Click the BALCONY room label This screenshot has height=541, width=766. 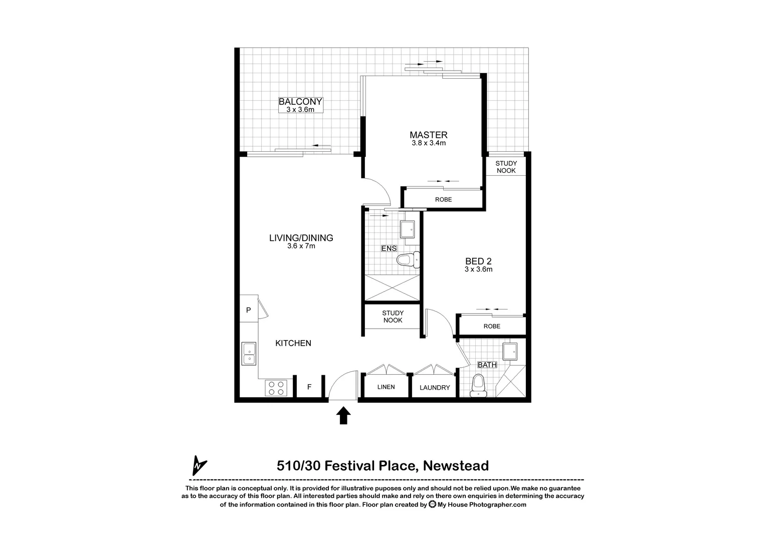click(300, 102)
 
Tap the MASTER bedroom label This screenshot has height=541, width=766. click(428, 135)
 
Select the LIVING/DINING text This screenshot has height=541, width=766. click(301, 238)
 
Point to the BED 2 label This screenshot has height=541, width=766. click(478, 261)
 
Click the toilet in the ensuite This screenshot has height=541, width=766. click(406, 260)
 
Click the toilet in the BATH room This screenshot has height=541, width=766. click(479, 386)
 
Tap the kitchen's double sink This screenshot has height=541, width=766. click(249, 354)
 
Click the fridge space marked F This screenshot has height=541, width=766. click(309, 387)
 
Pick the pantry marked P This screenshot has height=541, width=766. click(248, 311)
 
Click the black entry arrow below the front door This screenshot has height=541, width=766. click(343, 415)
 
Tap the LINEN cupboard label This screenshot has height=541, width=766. click(386, 387)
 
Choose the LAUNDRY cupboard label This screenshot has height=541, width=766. click(435, 388)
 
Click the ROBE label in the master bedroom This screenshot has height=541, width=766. click(443, 199)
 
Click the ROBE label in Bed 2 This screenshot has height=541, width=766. click(492, 326)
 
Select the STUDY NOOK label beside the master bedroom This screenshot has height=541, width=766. click(506, 167)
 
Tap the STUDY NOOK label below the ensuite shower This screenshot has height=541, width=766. click(393, 317)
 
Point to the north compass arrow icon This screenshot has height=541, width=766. click(200, 465)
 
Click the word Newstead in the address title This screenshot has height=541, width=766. click(456, 466)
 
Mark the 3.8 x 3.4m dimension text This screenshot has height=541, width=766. click(429, 143)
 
